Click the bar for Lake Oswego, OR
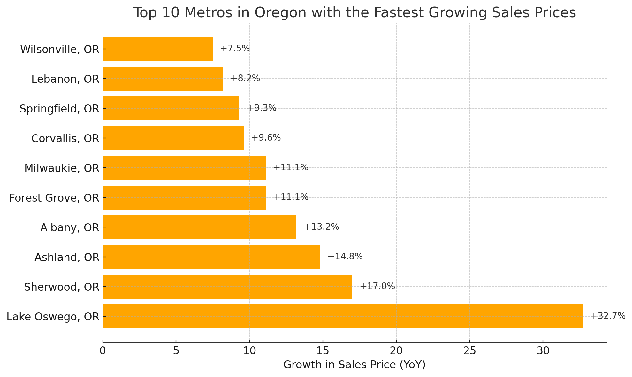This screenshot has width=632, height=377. click(343, 316)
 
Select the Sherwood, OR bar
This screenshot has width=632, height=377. click(227, 287)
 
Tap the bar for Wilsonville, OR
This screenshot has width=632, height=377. click(158, 49)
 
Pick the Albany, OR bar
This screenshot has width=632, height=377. click(200, 227)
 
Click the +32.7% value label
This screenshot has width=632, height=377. click(607, 316)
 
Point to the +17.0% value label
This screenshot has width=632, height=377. click(377, 286)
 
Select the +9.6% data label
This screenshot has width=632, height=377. click(266, 138)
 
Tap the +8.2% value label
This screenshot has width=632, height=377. click(245, 78)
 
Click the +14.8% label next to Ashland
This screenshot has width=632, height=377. click(345, 257)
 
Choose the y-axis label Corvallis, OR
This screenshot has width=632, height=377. click(65, 138)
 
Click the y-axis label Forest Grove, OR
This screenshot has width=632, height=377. click(54, 198)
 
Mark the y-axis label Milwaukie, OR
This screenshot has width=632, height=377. click(62, 168)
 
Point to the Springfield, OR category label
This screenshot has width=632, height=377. click(59, 109)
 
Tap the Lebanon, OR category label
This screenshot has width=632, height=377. click(65, 79)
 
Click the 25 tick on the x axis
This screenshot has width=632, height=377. click(469, 351)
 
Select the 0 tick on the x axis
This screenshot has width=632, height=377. click(103, 351)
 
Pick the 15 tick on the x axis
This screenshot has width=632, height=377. click(323, 351)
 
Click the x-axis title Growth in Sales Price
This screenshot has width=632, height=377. click(354, 365)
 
